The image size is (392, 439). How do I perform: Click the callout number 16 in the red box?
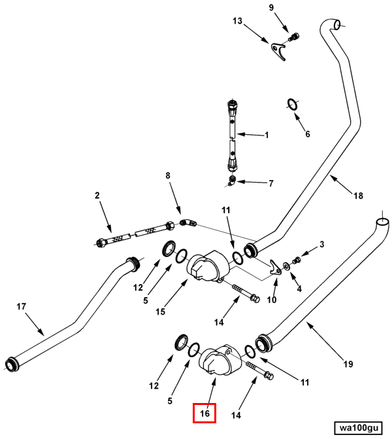204,413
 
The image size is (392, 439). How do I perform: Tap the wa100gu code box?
359,428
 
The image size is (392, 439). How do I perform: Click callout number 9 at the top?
272,8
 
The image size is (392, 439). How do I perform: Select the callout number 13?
237,21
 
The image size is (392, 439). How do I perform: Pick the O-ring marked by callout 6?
293,105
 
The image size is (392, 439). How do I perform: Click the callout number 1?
267,135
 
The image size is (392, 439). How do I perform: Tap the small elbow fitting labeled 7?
232,181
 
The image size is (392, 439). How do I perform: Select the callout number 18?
358,196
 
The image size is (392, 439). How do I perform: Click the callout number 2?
97,195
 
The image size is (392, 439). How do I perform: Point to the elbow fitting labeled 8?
188,223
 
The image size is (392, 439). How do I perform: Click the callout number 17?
22,307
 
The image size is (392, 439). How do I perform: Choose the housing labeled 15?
208,266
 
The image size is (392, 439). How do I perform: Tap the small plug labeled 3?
297,260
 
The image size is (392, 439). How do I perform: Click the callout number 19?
348,364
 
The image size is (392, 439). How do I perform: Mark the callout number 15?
160,311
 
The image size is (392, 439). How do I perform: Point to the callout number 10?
272,300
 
